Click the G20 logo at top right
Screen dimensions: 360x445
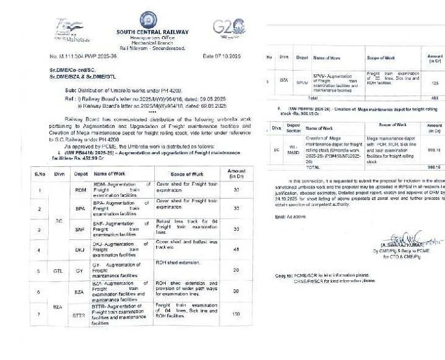click(x=229, y=27)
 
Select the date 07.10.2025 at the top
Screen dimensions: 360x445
click(x=222, y=56)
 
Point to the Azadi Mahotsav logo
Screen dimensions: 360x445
click(x=68, y=29)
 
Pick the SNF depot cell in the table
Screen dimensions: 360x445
click(x=80, y=230)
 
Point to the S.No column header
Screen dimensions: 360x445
click(x=40, y=174)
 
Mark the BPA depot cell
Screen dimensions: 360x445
click(x=80, y=209)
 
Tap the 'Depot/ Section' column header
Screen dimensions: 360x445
click(x=294, y=128)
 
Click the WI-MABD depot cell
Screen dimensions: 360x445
click(x=294, y=149)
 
